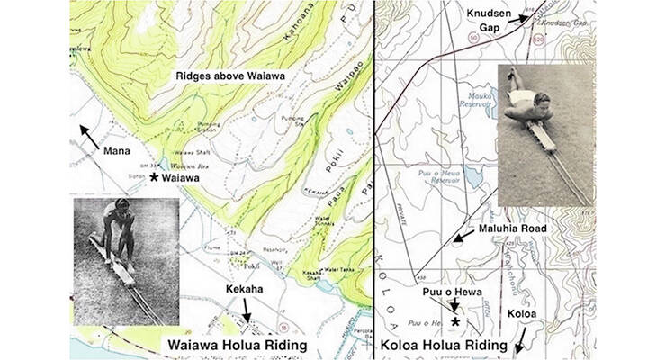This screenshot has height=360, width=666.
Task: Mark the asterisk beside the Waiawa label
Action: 154,179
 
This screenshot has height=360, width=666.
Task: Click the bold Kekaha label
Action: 240,291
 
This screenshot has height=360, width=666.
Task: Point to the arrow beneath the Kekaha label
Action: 246,310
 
